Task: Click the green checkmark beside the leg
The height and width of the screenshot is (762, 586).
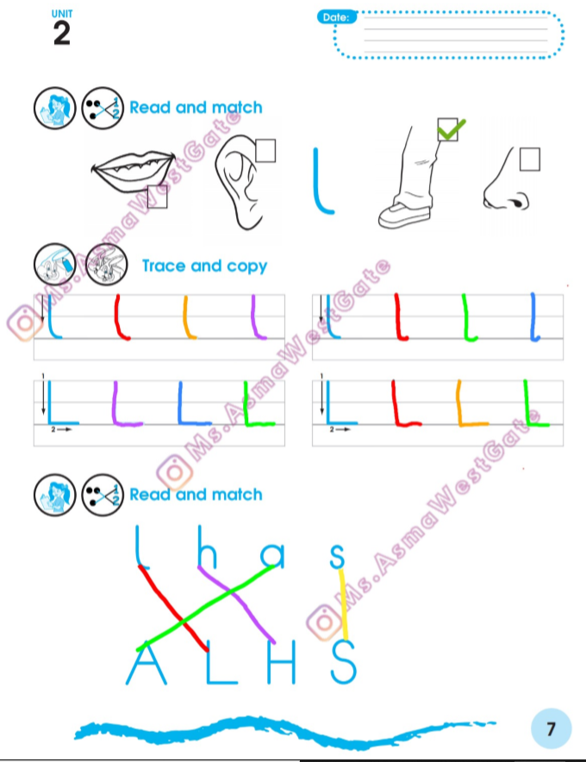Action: (x=451, y=128)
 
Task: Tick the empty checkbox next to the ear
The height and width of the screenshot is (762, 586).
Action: (x=265, y=151)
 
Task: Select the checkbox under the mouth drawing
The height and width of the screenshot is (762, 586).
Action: (x=157, y=197)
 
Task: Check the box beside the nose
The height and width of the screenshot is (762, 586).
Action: (x=530, y=159)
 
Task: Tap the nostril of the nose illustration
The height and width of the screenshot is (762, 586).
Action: (x=520, y=202)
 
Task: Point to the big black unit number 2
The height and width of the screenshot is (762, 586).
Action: (x=62, y=34)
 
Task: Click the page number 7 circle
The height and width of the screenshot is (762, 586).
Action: (x=551, y=728)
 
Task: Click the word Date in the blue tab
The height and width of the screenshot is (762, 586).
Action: (x=336, y=17)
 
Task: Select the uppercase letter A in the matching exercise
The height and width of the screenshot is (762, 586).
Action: (x=146, y=663)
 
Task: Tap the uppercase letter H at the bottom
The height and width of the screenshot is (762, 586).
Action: (x=281, y=663)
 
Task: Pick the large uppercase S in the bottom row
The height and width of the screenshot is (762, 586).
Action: (x=344, y=662)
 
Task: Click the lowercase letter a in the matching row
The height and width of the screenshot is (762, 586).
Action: (x=272, y=555)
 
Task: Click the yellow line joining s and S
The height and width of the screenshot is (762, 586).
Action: (x=343, y=605)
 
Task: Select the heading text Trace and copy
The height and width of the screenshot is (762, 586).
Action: (x=204, y=265)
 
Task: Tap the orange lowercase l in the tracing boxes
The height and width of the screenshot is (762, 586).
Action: (x=189, y=317)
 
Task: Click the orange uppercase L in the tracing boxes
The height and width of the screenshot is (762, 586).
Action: (x=471, y=403)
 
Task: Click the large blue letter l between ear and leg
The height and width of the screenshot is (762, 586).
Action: (x=322, y=181)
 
